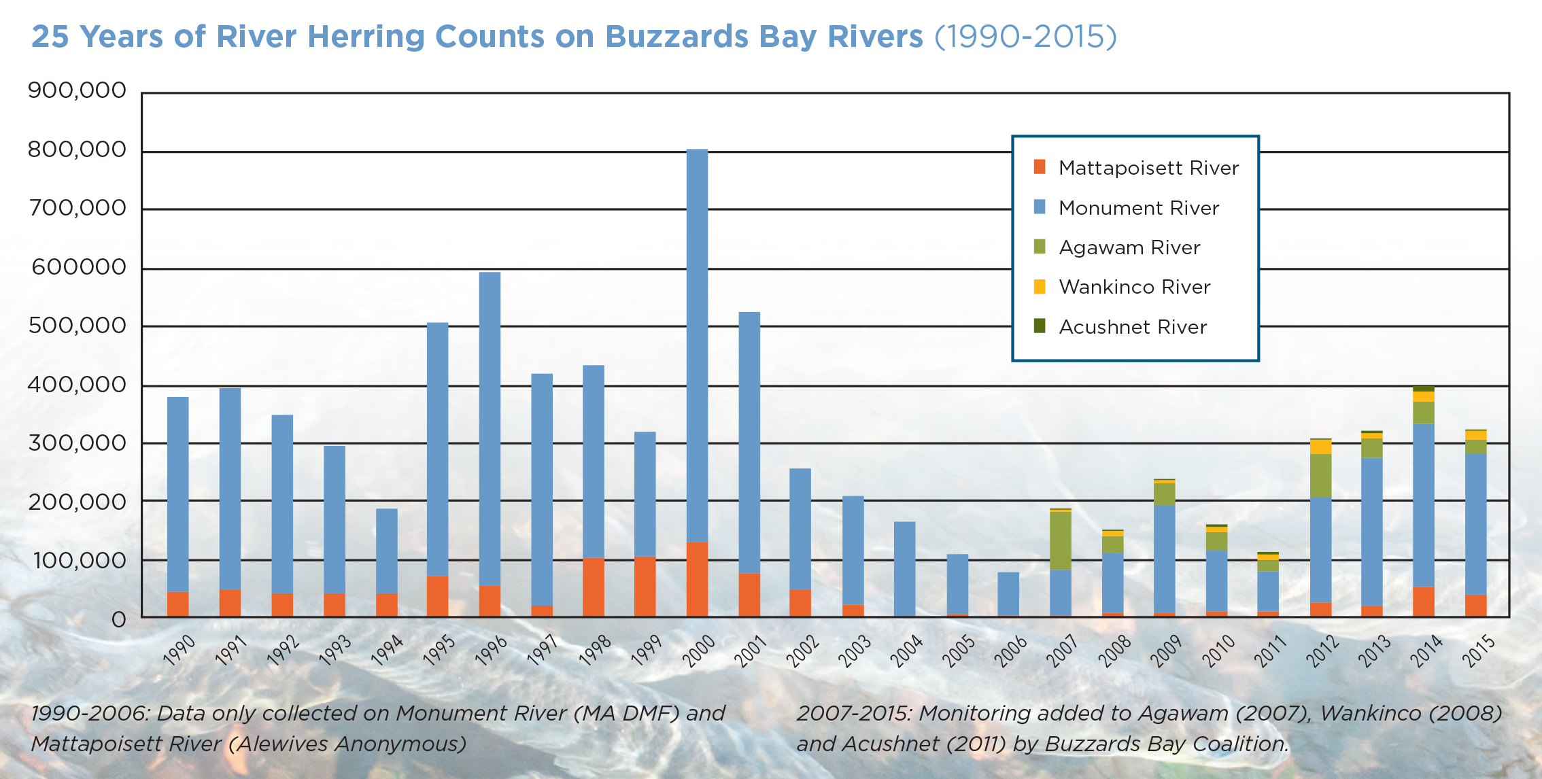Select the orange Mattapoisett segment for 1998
pyautogui.click(x=593, y=587)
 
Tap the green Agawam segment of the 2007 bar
pyautogui.click(x=1060, y=540)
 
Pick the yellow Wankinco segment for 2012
pyautogui.click(x=1320, y=447)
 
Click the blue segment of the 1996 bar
pyautogui.click(x=490, y=428)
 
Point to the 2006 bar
pyautogui.click(x=1008, y=594)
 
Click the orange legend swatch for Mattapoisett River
pyautogui.click(x=1039, y=167)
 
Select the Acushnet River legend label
pyautogui.click(x=1133, y=327)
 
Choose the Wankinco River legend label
pyautogui.click(x=1134, y=287)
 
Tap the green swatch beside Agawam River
pyautogui.click(x=1039, y=247)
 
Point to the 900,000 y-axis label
pyautogui.click(x=77, y=90)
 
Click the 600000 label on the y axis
pyautogui.click(x=79, y=266)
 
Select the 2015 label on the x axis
pyautogui.click(x=1479, y=651)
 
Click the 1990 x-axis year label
pyautogui.click(x=179, y=651)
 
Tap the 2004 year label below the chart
pyautogui.click(x=906, y=651)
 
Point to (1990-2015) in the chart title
pyautogui.click(x=1025, y=37)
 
